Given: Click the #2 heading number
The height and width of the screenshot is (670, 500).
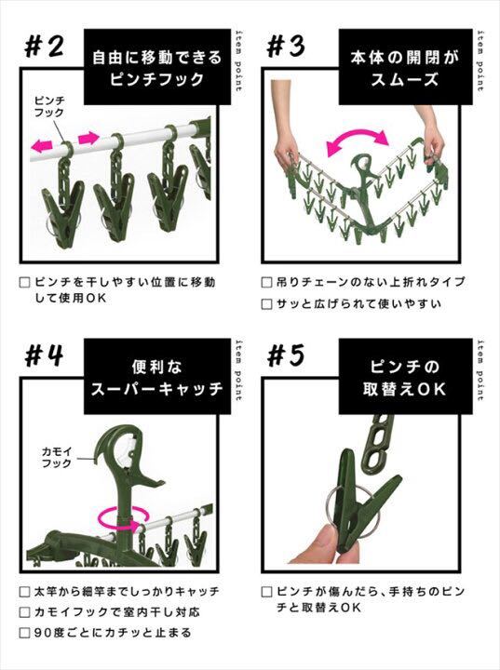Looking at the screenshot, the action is (45, 47).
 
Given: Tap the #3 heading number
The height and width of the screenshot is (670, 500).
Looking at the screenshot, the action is (286, 47).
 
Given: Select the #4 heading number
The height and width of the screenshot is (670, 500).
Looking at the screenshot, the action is (45, 355).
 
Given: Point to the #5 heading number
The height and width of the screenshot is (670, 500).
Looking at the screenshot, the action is (286, 355).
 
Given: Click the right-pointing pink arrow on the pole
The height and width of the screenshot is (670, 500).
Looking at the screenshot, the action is (88, 138).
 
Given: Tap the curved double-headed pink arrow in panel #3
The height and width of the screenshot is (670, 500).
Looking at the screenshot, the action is (358, 141).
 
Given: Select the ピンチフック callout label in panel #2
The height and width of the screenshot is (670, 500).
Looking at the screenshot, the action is (49, 107).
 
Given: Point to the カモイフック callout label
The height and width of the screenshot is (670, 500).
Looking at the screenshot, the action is (57, 457).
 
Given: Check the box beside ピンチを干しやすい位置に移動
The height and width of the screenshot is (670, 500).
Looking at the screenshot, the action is (25, 283).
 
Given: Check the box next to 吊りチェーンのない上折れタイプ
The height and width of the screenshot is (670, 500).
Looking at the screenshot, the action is (267, 283).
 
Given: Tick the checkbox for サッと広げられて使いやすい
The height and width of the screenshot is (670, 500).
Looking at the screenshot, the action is (267, 304).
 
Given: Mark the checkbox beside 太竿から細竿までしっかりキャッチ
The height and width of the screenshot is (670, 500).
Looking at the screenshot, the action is (25, 592).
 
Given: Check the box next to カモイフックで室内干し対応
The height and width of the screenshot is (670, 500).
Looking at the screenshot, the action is (25, 612).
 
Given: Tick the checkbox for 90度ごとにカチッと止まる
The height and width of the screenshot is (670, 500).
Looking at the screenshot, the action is (25, 633).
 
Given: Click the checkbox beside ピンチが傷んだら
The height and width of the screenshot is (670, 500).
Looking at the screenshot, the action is (267, 592).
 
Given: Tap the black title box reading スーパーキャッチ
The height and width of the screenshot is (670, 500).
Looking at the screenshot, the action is (157, 377).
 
